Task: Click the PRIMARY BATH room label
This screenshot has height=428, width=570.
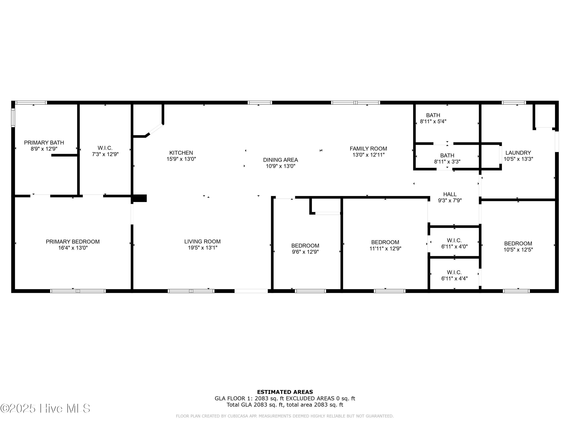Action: point(44,143)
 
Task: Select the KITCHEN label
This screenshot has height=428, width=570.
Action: point(181,153)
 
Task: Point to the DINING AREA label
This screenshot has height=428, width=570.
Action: point(280,160)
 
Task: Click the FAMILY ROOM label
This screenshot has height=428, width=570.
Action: point(368,149)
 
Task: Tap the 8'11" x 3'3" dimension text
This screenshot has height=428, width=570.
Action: point(447,162)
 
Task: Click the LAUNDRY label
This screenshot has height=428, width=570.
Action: point(518,153)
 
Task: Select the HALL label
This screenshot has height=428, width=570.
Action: point(450,194)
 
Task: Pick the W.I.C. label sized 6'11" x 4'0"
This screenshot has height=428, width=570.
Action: point(454,240)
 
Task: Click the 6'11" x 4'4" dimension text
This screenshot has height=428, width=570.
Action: point(454,279)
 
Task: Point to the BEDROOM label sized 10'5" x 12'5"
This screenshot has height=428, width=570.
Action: point(518,243)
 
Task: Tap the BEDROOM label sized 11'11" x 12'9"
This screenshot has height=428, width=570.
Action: point(385,242)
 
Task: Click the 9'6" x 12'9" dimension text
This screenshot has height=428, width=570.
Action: point(305,252)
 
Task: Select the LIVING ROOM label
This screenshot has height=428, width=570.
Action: point(202,241)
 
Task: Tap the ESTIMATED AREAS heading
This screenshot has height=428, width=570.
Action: point(285,392)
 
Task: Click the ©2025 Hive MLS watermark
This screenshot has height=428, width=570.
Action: point(45,408)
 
